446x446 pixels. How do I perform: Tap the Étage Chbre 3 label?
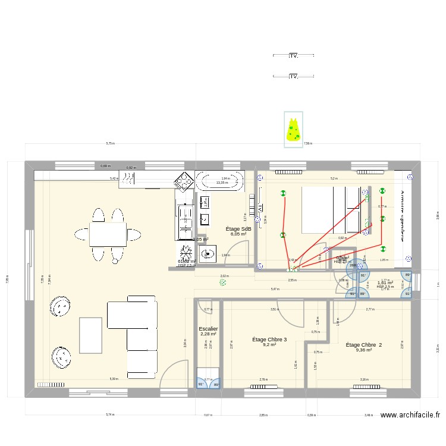pos(269,340)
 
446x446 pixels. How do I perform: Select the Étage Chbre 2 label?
pos(363,345)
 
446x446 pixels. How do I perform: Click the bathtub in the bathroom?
pos(220,180)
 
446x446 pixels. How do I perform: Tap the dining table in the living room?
pos(108,234)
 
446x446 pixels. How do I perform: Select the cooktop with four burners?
pos(183,181)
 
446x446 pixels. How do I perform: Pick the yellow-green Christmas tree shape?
pos(293,131)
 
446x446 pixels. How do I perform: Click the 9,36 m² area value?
pos(363,350)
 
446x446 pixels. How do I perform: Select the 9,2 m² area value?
pos(269,344)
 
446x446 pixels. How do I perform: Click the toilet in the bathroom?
pos(209,255)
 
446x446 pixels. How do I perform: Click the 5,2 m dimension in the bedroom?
pos(334,178)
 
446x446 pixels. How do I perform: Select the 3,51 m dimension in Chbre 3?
pos(274,309)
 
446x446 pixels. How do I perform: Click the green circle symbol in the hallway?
pos(223,284)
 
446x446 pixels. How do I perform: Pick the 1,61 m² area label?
pos(385,282)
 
